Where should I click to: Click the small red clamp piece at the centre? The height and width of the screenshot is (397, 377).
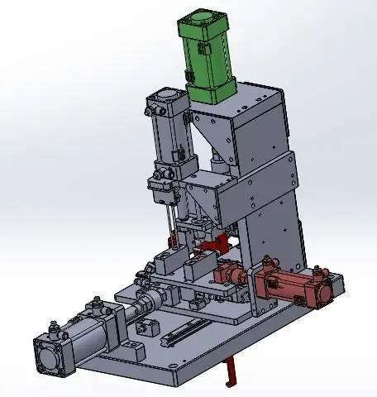217,246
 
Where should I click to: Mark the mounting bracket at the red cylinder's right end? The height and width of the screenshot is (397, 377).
326,289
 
